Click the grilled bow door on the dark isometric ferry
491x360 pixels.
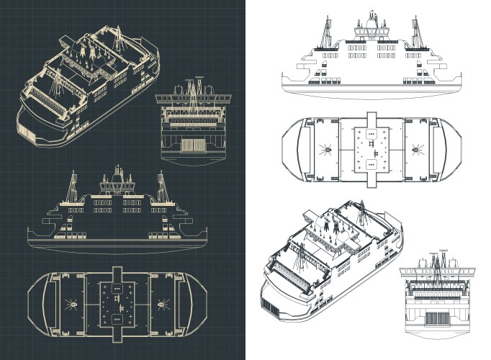click(27, 131)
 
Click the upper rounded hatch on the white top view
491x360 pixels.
click(371, 135)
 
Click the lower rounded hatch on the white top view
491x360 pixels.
click(371, 166)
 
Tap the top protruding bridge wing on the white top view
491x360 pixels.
click(371, 117)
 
